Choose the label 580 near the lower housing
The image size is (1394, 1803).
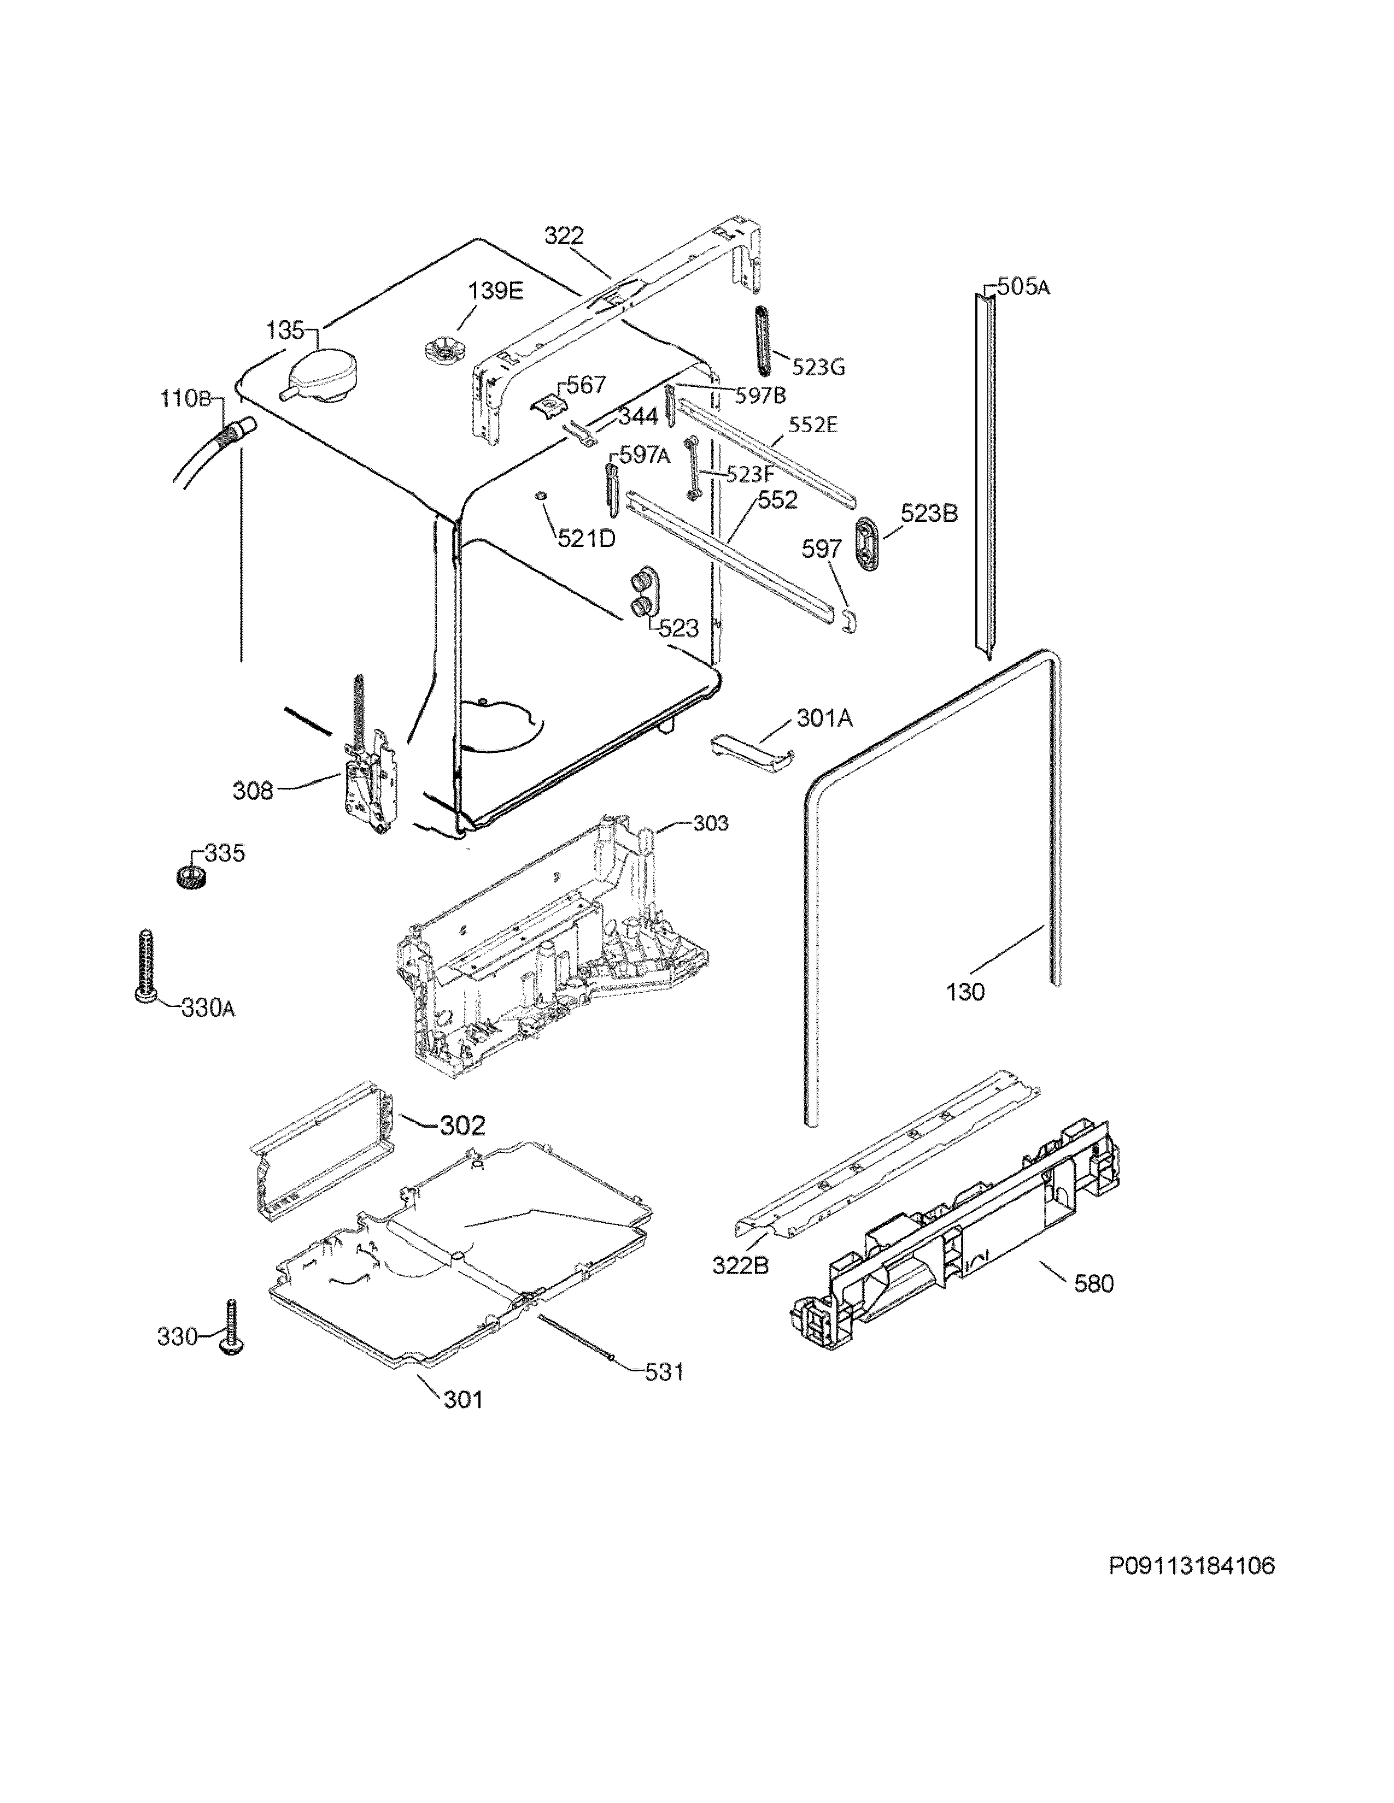(1093, 1284)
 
